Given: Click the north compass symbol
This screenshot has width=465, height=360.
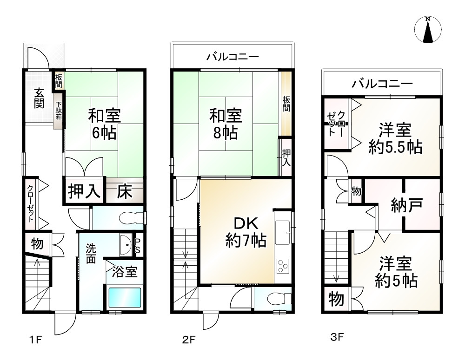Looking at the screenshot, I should tap(427, 29).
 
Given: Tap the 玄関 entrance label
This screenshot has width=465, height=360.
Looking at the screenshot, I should tap(39, 98).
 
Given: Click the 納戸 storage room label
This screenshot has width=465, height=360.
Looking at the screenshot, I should tap(407, 205).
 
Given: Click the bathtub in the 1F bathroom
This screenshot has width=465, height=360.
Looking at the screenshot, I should tap(124, 297).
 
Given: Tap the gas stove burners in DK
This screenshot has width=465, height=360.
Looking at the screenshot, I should tap(283, 266).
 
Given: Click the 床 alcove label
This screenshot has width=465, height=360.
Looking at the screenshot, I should tap(124, 191).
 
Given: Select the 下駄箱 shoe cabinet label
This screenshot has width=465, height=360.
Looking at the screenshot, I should tap(59, 111).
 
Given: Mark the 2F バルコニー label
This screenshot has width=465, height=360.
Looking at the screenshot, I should tap(232, 57).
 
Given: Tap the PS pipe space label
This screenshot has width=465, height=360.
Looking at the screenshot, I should tap(138, 245).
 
